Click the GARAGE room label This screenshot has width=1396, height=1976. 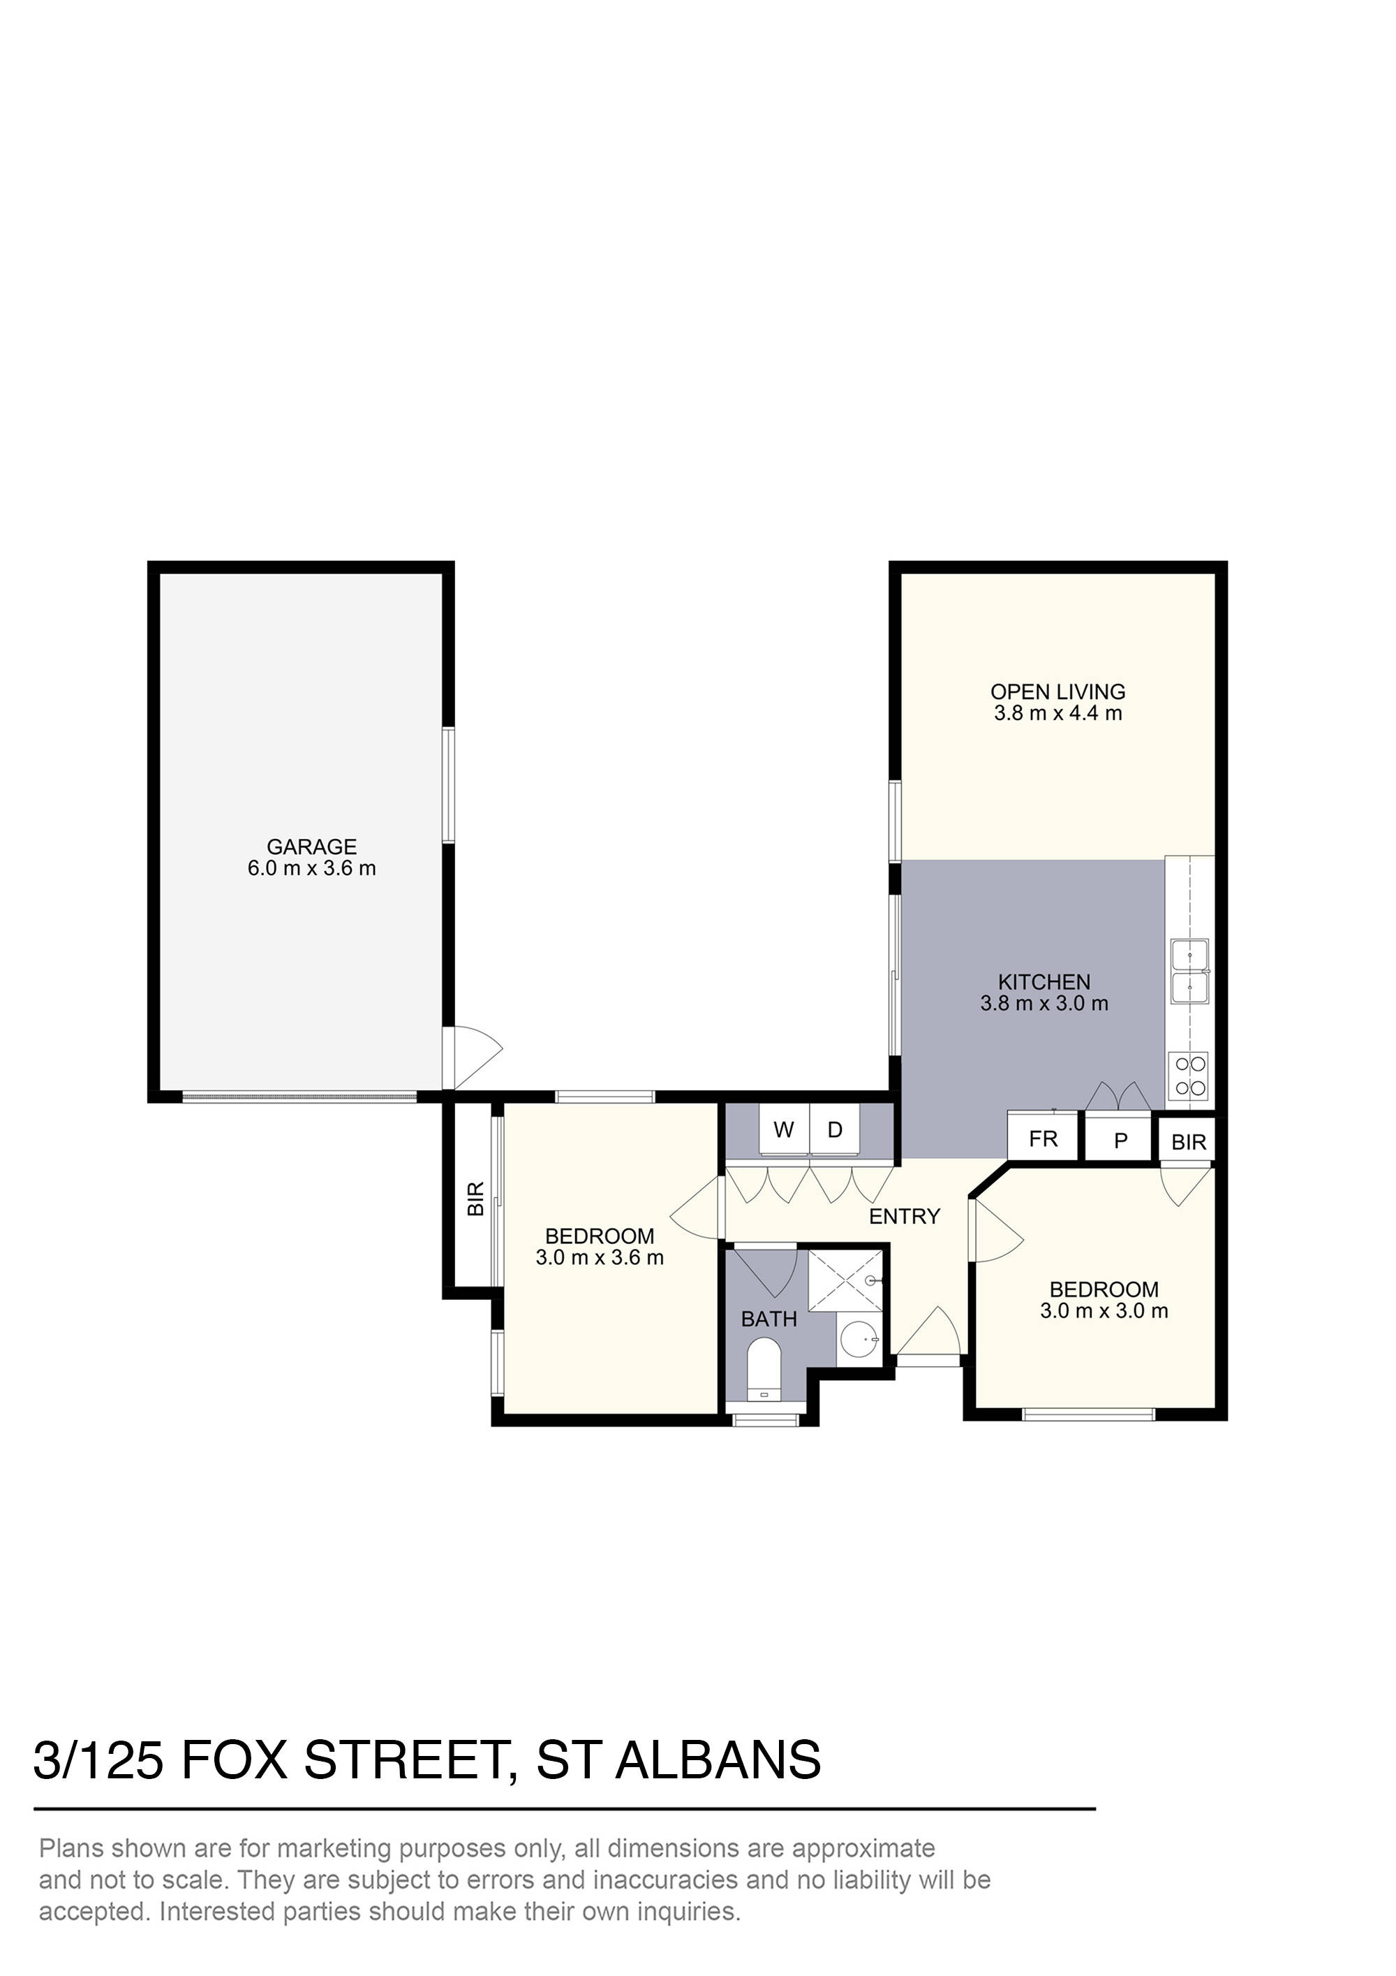click(x=311, y=847)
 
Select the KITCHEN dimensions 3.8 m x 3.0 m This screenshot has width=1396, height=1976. click(x=1044, y=1004)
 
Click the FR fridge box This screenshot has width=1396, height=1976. click(x=1043, y=1139)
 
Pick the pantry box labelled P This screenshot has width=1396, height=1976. click(x=1120, y=1141)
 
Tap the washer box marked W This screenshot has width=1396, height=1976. click(x=782, y=1130)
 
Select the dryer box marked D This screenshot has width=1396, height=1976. click(x=834, y=1130)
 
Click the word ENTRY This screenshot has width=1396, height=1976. click(x=904, y=1216)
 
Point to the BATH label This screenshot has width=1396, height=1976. click(x=769, y=1319)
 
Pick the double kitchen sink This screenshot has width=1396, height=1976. click(x=1189, y=972)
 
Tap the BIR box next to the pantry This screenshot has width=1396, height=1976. click(x=1189, y=1142)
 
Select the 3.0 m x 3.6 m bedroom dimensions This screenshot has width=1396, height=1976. click(x=600, y=1258)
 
